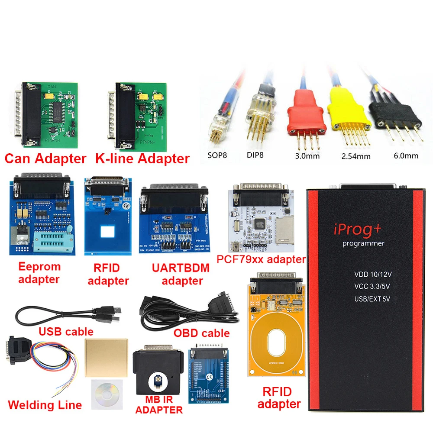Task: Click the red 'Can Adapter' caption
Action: [45, 158]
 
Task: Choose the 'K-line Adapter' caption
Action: [142, 158]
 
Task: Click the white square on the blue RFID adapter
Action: [107, 233]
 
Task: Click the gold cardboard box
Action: [103, 358]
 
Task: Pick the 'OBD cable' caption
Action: [201, 333]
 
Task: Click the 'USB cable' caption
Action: [66, 332]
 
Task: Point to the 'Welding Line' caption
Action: [45, 405]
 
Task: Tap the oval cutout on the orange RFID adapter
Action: [278, 342]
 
